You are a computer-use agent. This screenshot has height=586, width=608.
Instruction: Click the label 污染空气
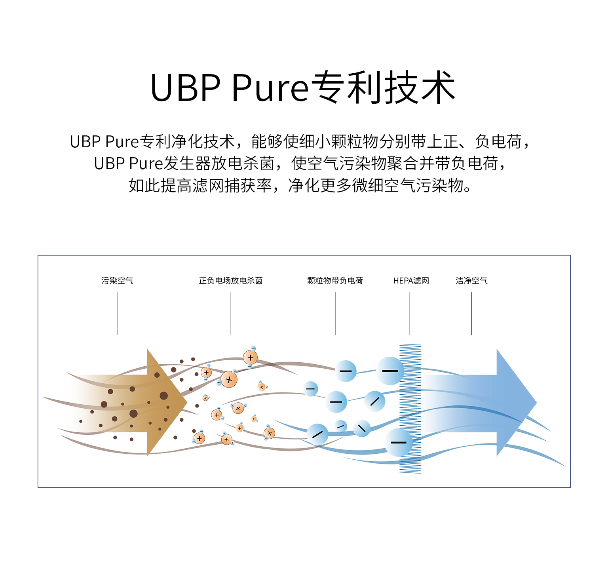pos(117,281)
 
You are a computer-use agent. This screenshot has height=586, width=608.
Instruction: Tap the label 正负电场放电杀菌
pos(231,281)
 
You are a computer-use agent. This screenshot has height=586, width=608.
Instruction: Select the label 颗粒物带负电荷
pos(335,281)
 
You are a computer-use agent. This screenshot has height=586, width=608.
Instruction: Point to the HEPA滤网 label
pos(411,281)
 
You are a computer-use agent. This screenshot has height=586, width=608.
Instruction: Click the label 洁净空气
pos(471,281)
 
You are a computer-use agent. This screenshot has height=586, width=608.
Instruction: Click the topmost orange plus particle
pos(250,358)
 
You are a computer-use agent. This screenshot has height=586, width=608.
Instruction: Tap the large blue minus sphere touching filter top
pos(390,371)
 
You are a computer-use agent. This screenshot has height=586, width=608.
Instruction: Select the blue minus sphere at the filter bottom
pos(399,442)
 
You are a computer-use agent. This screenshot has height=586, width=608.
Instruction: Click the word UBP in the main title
pos(185,88)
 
